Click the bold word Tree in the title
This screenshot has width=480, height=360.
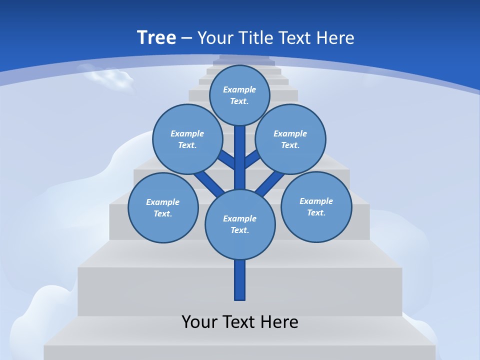156,37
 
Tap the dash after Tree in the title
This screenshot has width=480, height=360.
186,38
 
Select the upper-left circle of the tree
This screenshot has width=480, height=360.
187,139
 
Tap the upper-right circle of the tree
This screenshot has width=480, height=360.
290,139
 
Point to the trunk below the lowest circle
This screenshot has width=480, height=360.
240,280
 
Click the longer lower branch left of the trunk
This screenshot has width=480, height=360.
209,183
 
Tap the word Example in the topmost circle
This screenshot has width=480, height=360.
239,89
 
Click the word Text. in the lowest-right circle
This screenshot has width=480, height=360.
316,212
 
